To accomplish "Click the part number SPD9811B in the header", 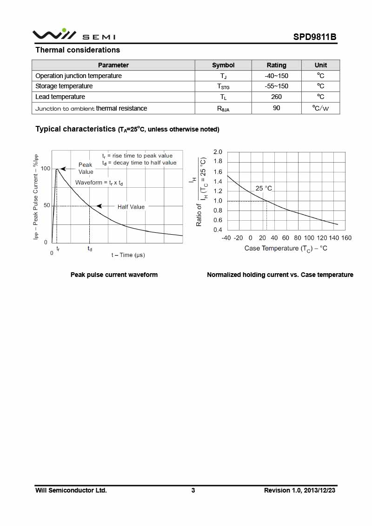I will [314, 37].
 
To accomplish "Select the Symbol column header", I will [223, 65].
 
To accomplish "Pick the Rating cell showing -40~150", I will [276, 76].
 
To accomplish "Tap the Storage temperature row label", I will [64, 86].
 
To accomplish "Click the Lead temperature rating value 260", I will [276, 97].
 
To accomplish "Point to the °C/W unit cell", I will [320, 108].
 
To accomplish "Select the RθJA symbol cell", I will [223, 109].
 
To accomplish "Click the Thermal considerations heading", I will [78, 50].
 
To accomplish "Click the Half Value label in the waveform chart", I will [131, 207].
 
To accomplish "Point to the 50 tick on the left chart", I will [46, 205].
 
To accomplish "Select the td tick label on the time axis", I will [90, 249].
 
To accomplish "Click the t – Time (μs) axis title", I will [128, 255].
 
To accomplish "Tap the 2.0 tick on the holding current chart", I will [218, 152].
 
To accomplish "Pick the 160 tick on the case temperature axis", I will [346, 238].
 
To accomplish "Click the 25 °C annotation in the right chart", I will [264, 188].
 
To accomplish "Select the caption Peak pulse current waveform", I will [114, 275].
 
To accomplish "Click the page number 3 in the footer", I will [193, 490].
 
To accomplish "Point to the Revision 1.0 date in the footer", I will [299, 490].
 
